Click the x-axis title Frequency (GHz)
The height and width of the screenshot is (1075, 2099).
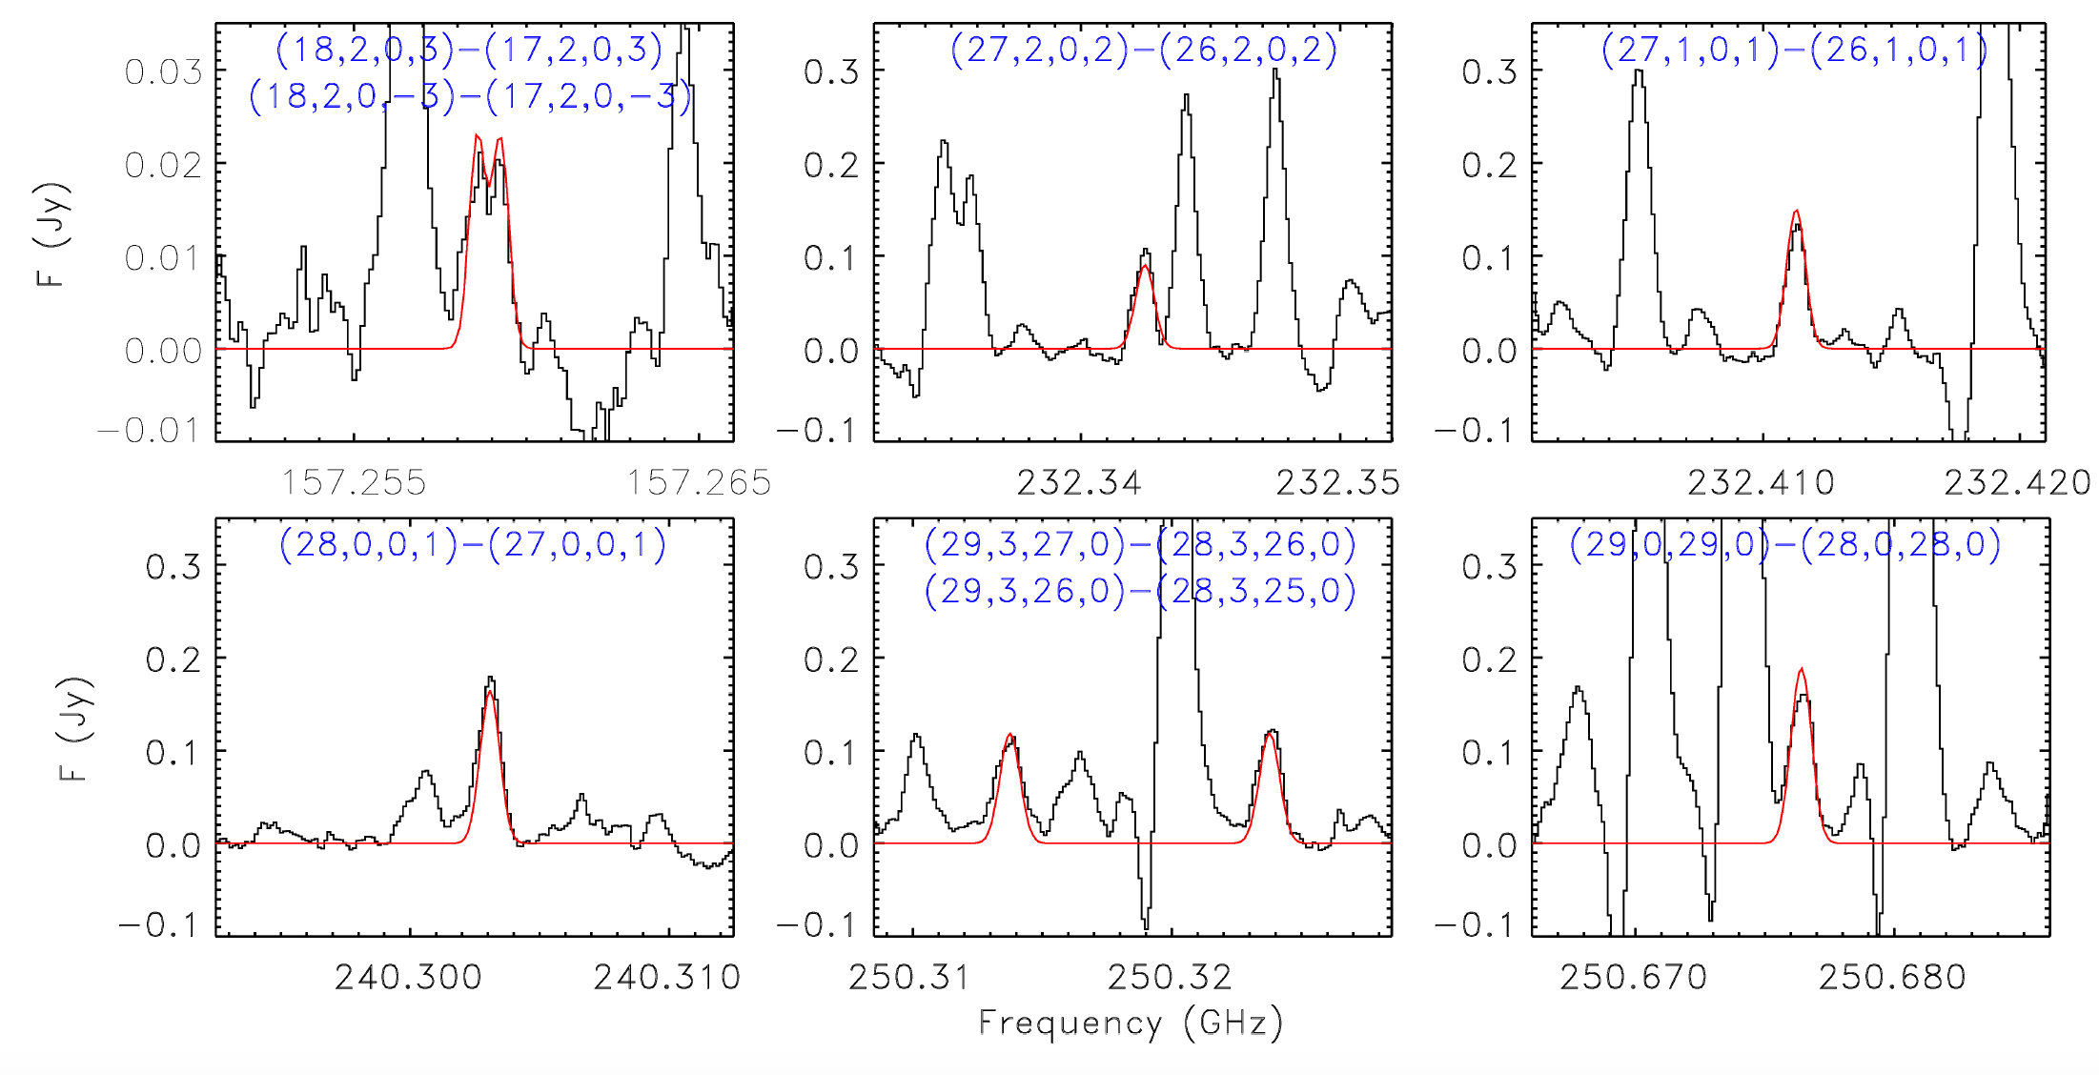tap(1131, 1023)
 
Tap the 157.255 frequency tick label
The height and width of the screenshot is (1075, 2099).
tap(354, 482)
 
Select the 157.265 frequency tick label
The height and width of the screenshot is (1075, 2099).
tap(699, 482)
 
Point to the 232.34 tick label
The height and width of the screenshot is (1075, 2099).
tap(1079, 482)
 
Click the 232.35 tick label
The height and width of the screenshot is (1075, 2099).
tap(1338, 482)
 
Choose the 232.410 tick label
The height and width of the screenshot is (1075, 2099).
tap(1761, 482)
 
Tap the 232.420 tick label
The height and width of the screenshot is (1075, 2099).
tap(2018, 482)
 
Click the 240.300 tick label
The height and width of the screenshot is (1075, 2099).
tap(409, 977)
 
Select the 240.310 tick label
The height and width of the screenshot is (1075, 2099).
tap(667, 977)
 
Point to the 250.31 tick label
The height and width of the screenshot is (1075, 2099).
tap(909, 977)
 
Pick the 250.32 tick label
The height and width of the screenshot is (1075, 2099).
tap(1171, 977)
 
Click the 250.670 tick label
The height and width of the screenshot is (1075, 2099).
tap(1634, 977)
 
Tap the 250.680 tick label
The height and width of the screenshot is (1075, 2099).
tap(1892, 977)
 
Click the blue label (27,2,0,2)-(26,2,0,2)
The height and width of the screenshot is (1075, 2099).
tap(1144, 50)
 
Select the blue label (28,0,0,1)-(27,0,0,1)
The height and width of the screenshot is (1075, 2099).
tap(473, 545)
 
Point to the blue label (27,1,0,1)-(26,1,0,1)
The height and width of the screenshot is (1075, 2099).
tap(1795, 50)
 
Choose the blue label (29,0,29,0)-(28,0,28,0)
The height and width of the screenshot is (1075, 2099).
tap(1785, 545)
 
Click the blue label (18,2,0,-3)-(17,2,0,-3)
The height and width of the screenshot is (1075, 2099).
tap(470, 97)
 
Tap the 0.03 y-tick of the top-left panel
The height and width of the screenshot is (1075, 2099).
tap(163, 71)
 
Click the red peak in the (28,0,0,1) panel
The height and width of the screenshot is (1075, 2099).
tap(489, 693)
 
